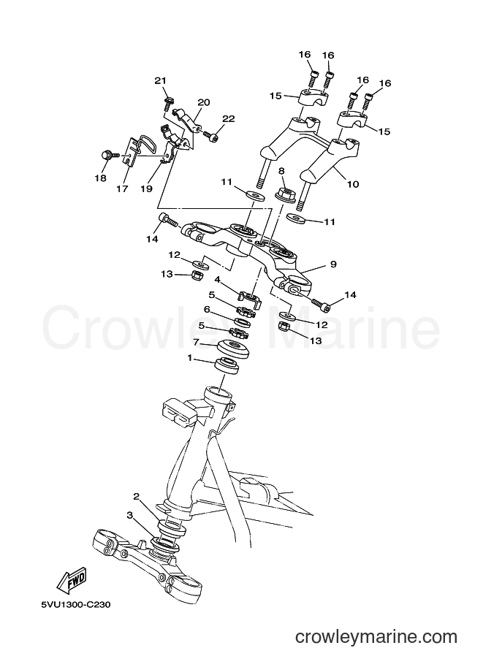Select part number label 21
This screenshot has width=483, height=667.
tap(160, 80)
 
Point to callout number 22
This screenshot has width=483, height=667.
tap(228, 118)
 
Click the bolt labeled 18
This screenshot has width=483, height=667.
tap(107, 156)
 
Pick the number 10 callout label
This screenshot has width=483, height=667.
tap(353, 184)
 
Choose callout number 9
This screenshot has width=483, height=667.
tap(333, 264)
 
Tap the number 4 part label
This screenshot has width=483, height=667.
tap(217, 280)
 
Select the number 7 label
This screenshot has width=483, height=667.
tap(196, 341)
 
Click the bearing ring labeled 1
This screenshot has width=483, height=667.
tap(227, 366)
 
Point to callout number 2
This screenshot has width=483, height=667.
tap(136, 496)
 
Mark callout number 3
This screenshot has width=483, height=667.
tap(130, 515)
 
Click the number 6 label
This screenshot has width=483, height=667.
tap(207, 309)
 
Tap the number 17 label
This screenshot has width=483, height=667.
tap(122, 188)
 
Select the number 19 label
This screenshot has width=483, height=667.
tap(146, 188)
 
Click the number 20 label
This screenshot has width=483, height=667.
tap(204, 102)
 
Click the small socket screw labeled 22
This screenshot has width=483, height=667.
tap(210, 136)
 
